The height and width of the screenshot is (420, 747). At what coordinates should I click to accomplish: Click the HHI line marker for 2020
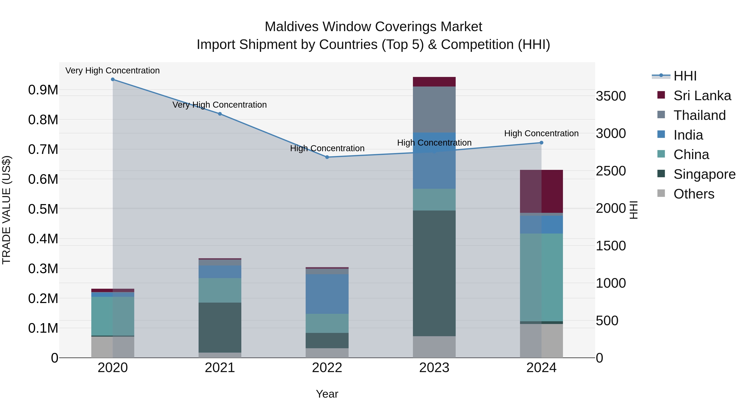coord(113,79)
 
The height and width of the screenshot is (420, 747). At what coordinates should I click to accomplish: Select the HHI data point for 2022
coord(327,157)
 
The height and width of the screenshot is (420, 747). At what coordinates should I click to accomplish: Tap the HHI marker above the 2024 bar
coord(541,143)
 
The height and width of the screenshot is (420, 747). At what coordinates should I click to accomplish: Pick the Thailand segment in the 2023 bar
coord(434,109)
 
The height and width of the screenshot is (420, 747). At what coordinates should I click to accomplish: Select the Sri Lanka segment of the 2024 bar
coord(541,191)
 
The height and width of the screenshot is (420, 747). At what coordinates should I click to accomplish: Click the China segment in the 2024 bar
coord(541,277)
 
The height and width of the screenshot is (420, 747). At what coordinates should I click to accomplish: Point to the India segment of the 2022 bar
coord(327,294)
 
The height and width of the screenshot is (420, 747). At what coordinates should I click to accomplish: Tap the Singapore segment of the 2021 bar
coord(220,327)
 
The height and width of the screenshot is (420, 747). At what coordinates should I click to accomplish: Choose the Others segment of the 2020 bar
coord(113,347)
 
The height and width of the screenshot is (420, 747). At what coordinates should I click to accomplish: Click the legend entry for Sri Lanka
coord(702,96)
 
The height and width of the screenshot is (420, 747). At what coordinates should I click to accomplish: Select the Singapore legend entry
coord(704,174)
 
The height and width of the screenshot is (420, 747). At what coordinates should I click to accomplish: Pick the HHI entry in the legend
coord(685,76)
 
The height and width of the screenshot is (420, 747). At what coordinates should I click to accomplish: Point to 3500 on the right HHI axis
coord(611,96)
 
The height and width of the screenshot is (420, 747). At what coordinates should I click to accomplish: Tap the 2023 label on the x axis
coord(434,368)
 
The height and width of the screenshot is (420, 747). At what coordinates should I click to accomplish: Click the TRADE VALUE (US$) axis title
coord(7,210)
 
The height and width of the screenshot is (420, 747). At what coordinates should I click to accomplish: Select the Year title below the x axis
coord(327,394)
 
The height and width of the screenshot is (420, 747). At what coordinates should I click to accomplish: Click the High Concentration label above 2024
coord(541,133)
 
